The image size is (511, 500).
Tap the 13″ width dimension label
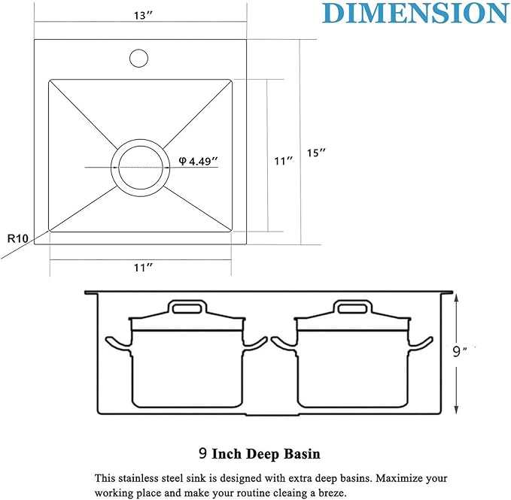click(x=140, y=14)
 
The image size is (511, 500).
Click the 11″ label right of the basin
click(x=283, y=161)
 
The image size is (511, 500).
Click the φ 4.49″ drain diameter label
click(x=198, y=160)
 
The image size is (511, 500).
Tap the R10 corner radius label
click(x=17, y=238)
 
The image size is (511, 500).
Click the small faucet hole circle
click(x=139, y=58)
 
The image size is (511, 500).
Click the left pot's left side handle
click(x=117, y=344)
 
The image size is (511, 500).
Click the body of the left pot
click(x=187, y=368)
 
